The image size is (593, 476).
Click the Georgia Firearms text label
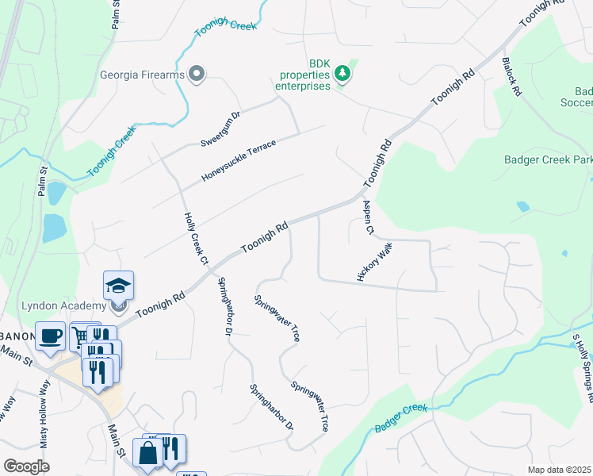click(142, 76)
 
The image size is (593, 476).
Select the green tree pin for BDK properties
click(342, 74)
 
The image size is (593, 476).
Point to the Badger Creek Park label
click(548, 159)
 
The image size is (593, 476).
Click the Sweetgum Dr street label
click(220, 129)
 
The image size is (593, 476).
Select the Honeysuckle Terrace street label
click(238, 160)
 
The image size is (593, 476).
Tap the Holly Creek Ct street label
click(195, 239)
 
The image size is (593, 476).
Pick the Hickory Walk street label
click(375, 263)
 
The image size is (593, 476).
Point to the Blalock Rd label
click(511, 76)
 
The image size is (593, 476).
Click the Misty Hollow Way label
click(45, 403)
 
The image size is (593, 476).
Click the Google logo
click(26, 466)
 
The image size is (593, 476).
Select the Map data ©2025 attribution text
click(558, 470)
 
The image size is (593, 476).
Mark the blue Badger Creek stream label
click(400, 418)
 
